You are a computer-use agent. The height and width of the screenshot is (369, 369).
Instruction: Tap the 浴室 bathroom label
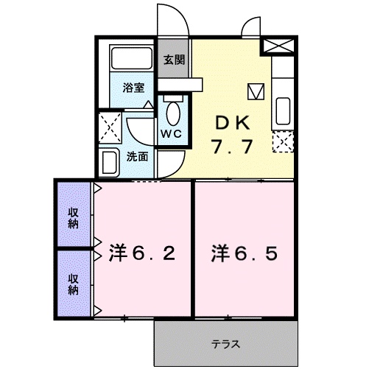133,87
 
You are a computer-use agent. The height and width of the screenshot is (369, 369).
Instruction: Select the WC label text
171,134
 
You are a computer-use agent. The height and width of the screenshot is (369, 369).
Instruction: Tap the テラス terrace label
226,343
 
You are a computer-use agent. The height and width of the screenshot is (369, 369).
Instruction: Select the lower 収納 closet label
74,284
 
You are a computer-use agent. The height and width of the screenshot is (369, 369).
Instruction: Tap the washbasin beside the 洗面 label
110,161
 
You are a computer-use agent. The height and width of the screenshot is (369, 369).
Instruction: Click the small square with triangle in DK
256,91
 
